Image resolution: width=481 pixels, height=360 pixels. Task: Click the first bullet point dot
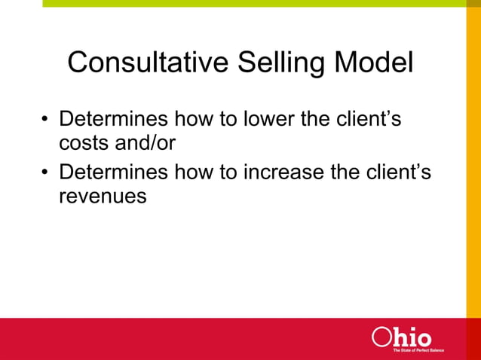45,121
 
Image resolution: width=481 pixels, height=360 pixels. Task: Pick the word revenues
102,197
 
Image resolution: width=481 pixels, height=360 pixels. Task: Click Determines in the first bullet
114,120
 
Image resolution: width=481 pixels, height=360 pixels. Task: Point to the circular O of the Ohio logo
381,337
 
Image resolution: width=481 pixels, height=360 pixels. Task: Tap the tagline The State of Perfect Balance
418,350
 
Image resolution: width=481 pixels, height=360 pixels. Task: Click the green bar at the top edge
249,3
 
